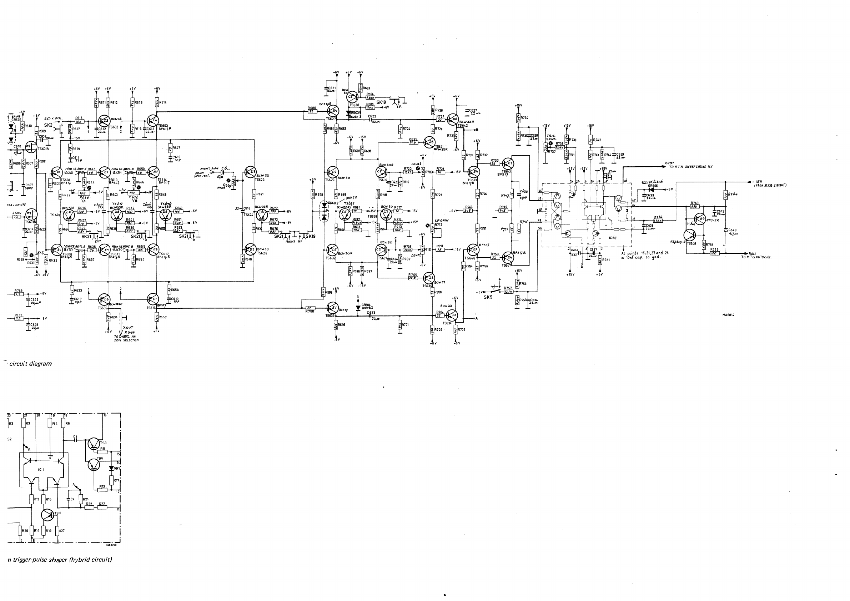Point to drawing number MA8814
point(728,315)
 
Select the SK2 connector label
point(48,126)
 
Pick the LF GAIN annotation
point(442,220)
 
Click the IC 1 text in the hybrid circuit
point(41,469)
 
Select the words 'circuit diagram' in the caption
point(30,364)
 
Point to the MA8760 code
point(111,544)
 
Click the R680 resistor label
point(312,108)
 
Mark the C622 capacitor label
point(372,116)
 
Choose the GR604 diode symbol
point(358,308)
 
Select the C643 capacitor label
point(732,230)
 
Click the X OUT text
point(128,328)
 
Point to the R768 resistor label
point(19,291)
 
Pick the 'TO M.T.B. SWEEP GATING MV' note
point(690,167)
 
